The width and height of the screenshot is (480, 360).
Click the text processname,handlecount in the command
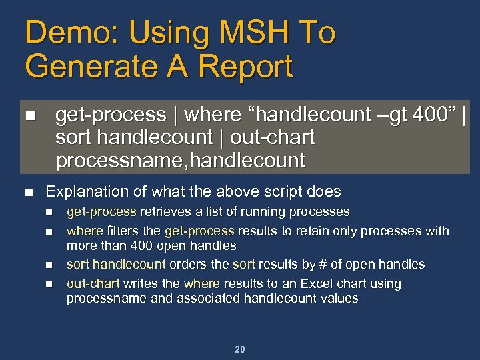click(x=180, y=161)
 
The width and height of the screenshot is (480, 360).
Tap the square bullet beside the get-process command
click(x=28, y=115)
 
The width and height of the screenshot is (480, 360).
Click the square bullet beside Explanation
click(x=28, y=192)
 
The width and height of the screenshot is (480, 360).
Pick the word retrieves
click(x=162, y=212)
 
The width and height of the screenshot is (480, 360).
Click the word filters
click(x=123, y=231)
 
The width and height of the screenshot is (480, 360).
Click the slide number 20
click(x=240, y=349)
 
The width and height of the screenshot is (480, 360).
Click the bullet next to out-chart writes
click(x=48, y=284)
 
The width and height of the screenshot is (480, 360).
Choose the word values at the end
click(x=339, y=299)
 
